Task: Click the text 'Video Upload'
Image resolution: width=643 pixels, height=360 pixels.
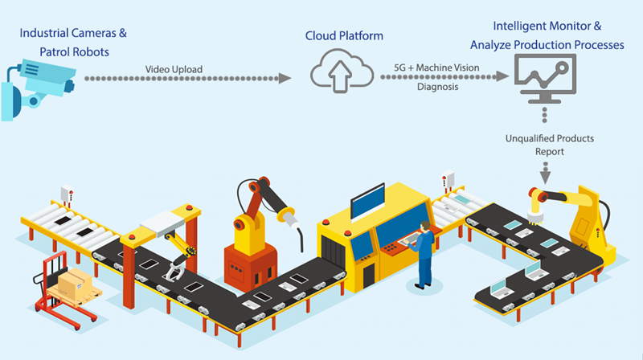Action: [173, 68]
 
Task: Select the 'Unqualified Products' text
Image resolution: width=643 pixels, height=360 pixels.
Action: [549, 138]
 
